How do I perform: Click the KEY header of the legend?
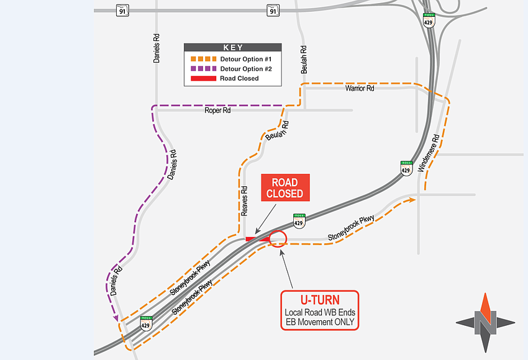click(x=233, y=48)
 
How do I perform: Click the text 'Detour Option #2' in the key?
click(x=247, y=69)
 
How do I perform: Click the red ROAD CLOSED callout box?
click(x=284, y=188)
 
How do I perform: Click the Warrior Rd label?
click(x=360, y=89)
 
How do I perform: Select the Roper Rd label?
click(x=217, y=110)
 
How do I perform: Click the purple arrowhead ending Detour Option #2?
click(x=116, y=318)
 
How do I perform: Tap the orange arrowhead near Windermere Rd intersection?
click(x=412, y=200)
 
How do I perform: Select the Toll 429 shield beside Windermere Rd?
click(x=406, y=168)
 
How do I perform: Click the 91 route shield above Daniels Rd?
click(x=123, y=10)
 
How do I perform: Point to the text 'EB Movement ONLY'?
click(x=320, y=323)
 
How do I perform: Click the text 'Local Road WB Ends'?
click(x=320, y=313)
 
